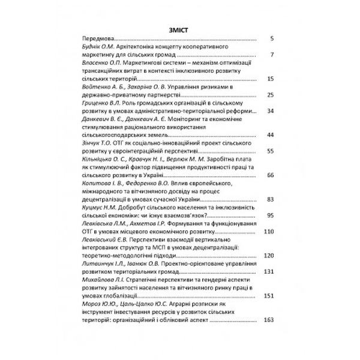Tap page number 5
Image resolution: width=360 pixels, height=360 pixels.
(272, 38)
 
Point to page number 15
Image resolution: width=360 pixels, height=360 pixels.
(270, 80)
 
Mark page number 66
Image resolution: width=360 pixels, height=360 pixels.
(270, 175)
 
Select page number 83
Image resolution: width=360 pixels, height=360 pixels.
(270, 199)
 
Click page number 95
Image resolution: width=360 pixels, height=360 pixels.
(270, 215)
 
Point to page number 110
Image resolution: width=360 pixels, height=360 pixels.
(268, 232)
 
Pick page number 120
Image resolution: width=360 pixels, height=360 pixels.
(268, 255)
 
